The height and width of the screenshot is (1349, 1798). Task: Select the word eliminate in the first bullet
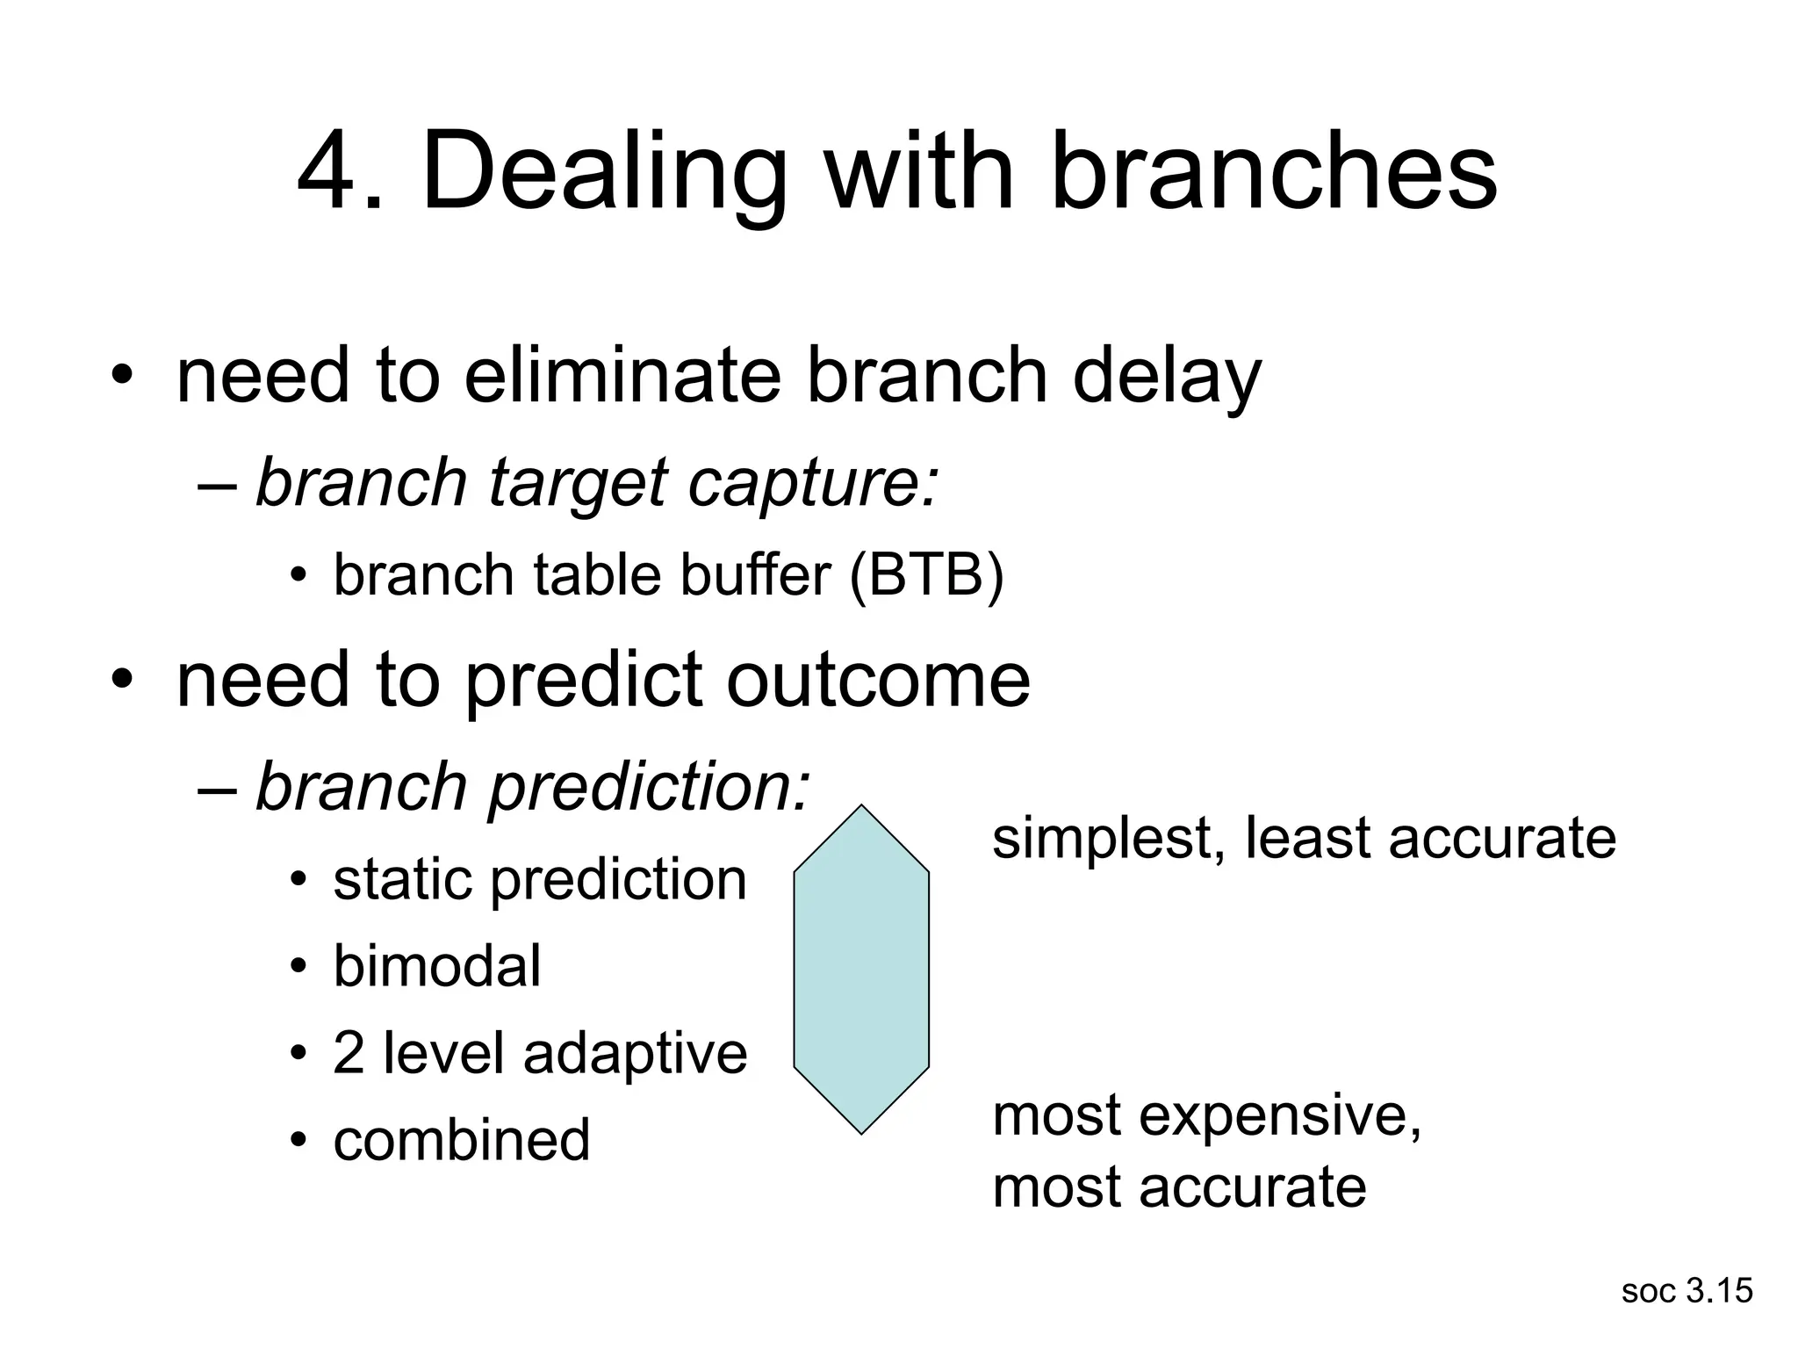[622, 376]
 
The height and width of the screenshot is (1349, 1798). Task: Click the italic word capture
[812, 484]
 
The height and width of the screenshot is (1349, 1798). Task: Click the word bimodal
[436, 966]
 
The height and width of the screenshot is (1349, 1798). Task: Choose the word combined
[461, 1140]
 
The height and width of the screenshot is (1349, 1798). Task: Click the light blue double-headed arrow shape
[861, 970]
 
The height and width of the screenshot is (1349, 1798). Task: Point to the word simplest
[1108, 839]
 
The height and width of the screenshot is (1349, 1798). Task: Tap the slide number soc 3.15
[1687, 1291]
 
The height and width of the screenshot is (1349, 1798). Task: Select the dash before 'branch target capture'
[218, 484]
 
